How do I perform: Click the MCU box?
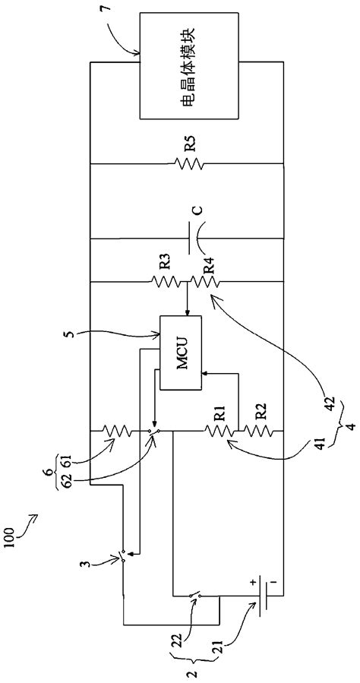click(x=180, y=352)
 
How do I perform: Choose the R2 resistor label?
click(x=261, y=415)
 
